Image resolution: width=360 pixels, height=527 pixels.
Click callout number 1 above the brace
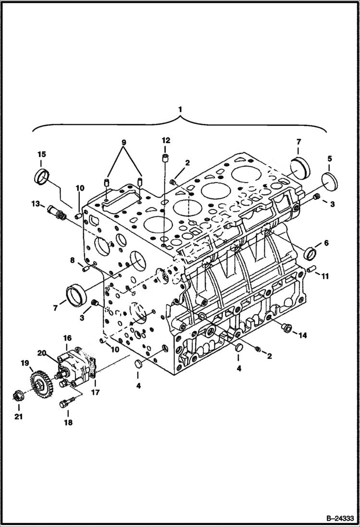pyautogui.click(x=180, y=110)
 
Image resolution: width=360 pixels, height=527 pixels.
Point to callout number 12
pyautogui.click(x=166, y=140)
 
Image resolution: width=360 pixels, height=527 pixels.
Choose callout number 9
pyautogui.click(x=124, y=142)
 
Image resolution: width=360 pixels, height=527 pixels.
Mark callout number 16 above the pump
pyautogui.click(x=66, y=339)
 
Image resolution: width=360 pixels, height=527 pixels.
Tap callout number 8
pyautogui.click(x=73, y=260)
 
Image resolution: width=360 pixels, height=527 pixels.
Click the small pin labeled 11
pyautogui.click(x=311, y=269)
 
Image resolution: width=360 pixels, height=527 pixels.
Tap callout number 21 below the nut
pyautogui.click(x=18, y=417)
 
